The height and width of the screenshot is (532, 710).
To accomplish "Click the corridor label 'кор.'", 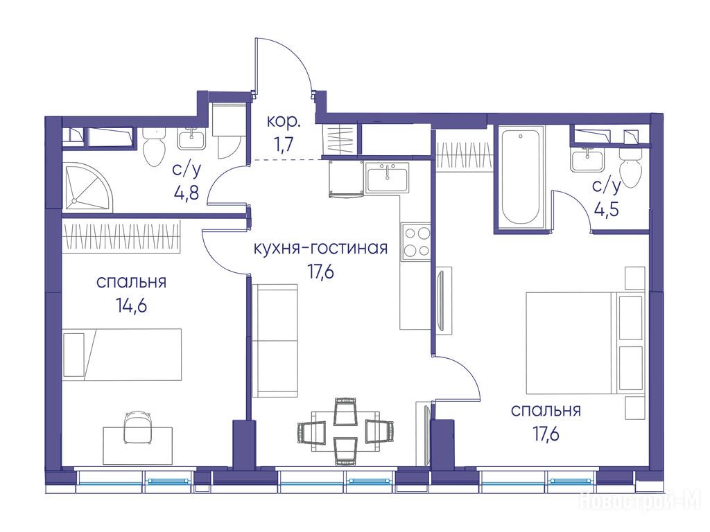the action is [x=284, y=122].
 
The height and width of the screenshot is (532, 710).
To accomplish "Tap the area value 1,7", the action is [x=284, y=145].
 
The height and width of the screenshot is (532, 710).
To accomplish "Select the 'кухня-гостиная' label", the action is [x=320, y=248].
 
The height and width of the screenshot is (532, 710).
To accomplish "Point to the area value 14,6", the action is [x=131, y=305].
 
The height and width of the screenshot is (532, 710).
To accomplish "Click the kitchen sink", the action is [x=387, y=177].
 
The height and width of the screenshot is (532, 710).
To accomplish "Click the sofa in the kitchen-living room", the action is [x=275, y=341].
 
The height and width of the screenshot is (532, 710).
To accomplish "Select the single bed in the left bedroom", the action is [x=122, y=355].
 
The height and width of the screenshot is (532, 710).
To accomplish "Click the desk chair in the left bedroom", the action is [x=138, y=426].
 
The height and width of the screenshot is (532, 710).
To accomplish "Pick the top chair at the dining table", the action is [x=345, y=411].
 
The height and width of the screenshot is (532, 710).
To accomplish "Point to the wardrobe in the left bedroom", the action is [x=121, y=236].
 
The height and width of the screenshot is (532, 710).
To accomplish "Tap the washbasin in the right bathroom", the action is [x=587, y=160].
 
